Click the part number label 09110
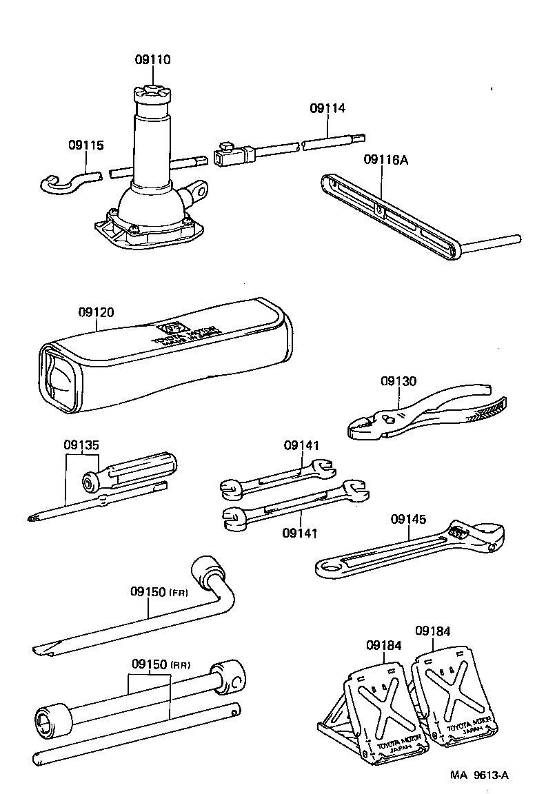pos(152,60)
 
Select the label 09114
pos(327,108)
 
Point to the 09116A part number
pos(386,161)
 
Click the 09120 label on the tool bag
pos(96,312)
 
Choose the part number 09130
pos(398,381)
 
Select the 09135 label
pos(83,445)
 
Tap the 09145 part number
pos(409,518)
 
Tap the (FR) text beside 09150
pos(179,593)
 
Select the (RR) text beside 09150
pos(180,665)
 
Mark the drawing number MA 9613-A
pos(480,775)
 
